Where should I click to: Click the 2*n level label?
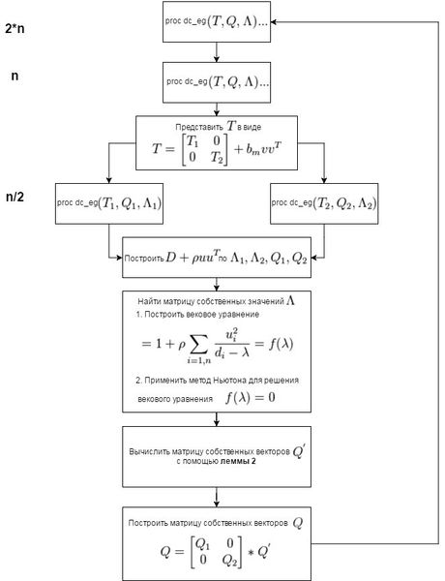point(15,29)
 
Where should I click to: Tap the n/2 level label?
point(15,197)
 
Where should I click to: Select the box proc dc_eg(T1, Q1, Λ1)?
point(109,203)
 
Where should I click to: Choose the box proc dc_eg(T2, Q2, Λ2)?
point(324,203)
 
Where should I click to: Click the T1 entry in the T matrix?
point(193,141)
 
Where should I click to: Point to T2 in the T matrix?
point(217,158)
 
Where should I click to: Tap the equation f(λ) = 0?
point(251,398)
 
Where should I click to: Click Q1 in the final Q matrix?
point(202,543)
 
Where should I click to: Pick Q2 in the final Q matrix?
point(229,561)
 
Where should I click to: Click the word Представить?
point(199,127)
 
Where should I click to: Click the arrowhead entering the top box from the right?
point(274,22)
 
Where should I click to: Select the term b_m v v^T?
point(258,149)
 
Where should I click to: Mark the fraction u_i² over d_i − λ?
point(232,344)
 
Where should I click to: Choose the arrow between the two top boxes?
point(217,52)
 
